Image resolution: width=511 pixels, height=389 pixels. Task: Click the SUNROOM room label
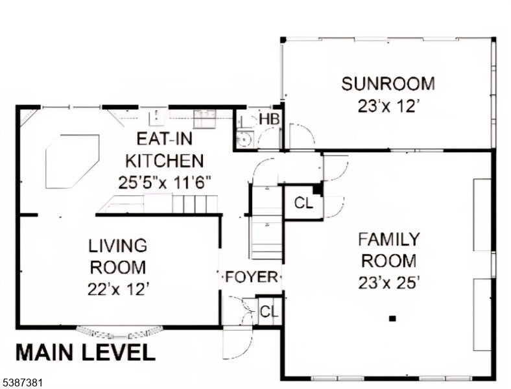(388, 84)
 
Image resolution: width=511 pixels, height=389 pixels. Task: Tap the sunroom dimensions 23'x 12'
(388, 106)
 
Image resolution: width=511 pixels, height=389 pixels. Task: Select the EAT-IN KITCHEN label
(165, 150)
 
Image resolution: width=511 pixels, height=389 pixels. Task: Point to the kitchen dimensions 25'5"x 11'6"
(165, 182)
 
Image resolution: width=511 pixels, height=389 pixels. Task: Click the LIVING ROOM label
(117, 256)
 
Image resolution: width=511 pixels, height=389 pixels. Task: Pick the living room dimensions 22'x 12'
(118, 289)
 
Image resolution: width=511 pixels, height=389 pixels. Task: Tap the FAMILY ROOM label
(389, 250)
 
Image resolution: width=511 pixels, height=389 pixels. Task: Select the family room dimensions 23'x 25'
(388, 283)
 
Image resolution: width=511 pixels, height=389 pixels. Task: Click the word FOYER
(251, 277)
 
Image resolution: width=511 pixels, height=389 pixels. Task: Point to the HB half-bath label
(269, 119)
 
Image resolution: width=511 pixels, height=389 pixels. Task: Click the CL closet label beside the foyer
(269, 312)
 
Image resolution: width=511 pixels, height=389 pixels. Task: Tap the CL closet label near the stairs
(303, 204)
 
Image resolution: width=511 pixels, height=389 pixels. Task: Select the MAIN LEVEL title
(86, 352)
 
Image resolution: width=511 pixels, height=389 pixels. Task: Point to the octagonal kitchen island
(73, 161)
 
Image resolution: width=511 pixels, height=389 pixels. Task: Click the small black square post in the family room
(393, 318)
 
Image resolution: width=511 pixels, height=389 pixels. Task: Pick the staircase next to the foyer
(267, 222)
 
